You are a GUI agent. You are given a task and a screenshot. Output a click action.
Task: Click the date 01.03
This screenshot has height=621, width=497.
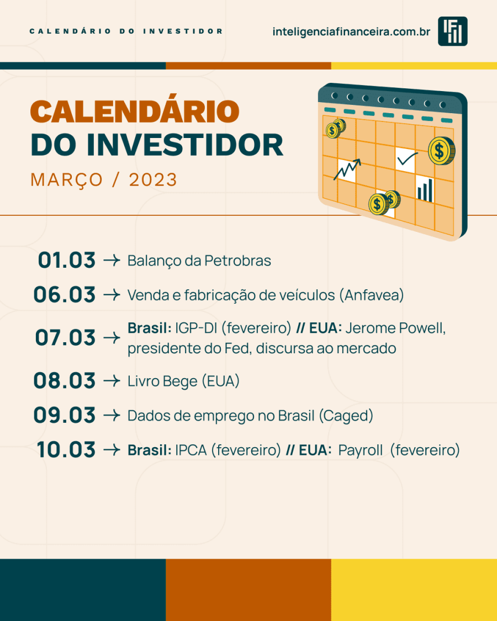[67, 261]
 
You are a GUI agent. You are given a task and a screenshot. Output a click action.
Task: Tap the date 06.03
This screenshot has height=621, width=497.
[65, 295]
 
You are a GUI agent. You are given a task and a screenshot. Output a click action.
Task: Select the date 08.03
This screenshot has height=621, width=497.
[65, 381]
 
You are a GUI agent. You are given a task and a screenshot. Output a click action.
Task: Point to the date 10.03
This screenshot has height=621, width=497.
[66, 450]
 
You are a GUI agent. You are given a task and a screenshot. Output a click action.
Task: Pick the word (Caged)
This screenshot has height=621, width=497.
[346, 416]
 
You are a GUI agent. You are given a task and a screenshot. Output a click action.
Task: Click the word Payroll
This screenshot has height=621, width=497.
[361, 450]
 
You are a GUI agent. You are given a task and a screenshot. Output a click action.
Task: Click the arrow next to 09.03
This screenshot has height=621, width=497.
[112, 416]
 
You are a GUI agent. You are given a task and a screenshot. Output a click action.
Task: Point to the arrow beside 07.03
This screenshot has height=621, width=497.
[112, 338]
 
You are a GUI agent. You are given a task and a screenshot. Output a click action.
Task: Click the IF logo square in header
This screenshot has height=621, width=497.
[453, 31]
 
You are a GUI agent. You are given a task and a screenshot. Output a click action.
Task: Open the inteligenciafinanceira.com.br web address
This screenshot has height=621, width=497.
[351, 31]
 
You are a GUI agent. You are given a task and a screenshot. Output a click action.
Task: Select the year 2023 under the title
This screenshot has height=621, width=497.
[153, 180]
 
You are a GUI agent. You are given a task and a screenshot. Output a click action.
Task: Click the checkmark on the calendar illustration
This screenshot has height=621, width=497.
[408, 159]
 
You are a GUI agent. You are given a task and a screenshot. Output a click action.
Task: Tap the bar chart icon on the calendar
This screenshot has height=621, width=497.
[425, 190]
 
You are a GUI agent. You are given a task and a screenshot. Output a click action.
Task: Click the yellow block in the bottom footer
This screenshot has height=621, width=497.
[414, 590]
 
